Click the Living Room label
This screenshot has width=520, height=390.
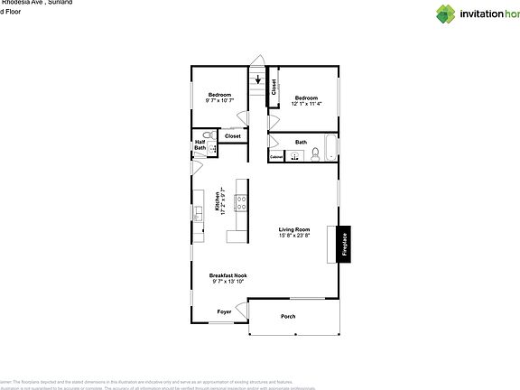click(x=293, y=229)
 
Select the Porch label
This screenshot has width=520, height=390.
click(x=288, y=316)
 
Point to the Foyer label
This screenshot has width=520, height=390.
click(x=224, y=311)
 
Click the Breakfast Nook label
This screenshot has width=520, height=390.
click(x=227, y=275)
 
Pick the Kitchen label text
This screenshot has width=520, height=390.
click(x=218, y=200)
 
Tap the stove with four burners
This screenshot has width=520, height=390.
click(x=241, y=202)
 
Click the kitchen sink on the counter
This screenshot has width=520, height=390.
click(x=197, y=214)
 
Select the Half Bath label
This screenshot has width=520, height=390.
click(x=200, y=144)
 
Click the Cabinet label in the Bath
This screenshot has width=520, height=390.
click(x=276, y=157)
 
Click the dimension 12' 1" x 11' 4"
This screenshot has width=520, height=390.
click(x=306, y=104)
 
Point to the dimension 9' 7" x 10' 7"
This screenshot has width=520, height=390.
click(x=220, y=101)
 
